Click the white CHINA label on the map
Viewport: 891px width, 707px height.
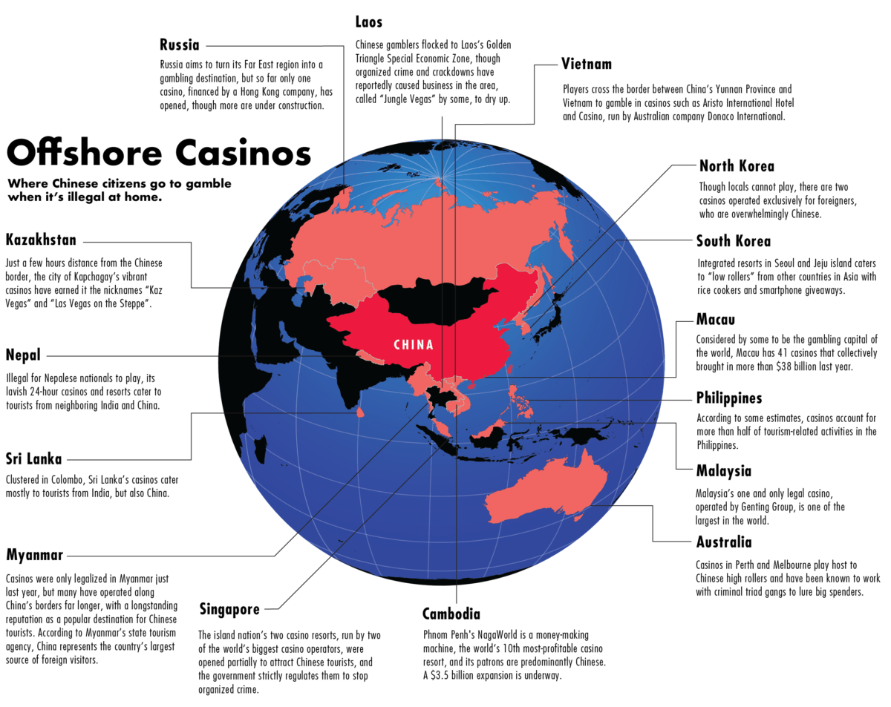(x=414, y=345)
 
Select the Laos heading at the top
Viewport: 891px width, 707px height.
(x=369, y=22)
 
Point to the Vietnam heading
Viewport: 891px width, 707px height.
(x=587, y=65)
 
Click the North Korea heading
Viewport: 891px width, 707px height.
(x=737, y=165)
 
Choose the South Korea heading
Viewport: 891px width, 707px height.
(x=733, y=241)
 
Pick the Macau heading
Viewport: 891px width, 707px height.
(x=715, y=320)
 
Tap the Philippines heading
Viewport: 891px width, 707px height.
(x=728, y=398)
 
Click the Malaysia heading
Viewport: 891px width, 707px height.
(x=723, y=471)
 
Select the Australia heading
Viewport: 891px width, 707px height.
(x=724, y=543)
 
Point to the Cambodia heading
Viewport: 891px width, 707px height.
(x=451, y=614)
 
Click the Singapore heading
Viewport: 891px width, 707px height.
(x=229, y=610)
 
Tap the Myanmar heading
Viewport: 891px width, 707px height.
(x=34, y=555)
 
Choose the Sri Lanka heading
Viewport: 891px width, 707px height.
(x=33, y=458)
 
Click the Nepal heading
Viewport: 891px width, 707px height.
(x=23, y=354)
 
